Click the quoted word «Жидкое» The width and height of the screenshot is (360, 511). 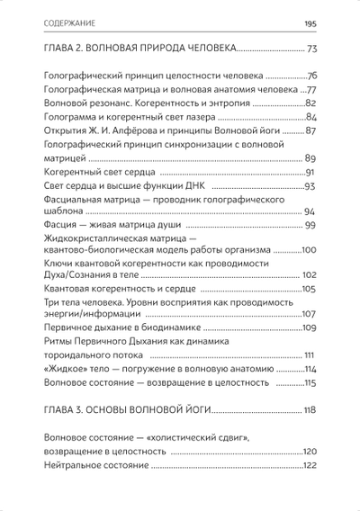(x=64, y=369)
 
